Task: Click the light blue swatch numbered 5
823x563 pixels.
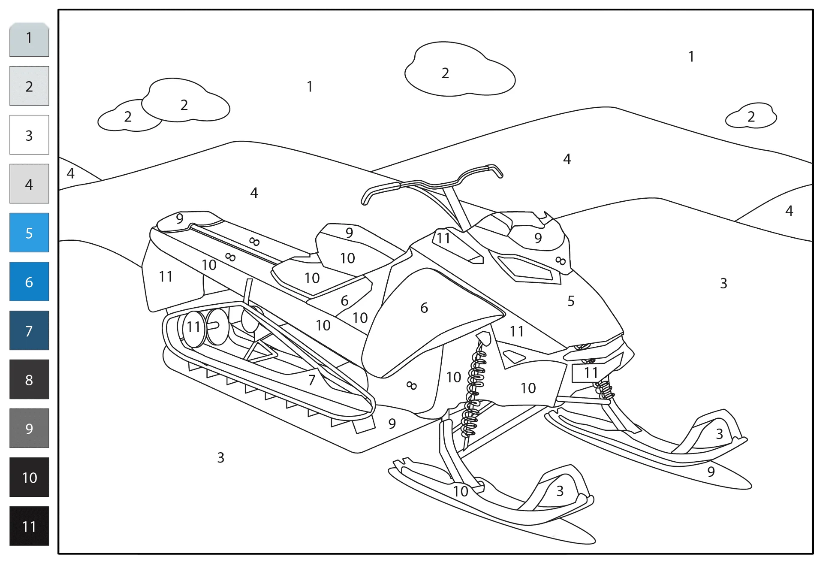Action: [29, 233]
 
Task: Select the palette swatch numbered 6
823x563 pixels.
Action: [29, 281]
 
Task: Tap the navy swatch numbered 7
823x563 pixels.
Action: [29, 330]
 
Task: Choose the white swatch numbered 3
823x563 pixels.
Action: [29, 135]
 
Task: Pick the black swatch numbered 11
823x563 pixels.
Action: [29, 526]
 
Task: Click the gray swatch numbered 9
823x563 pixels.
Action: [29, 428]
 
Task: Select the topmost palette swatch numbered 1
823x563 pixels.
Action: [29, 39]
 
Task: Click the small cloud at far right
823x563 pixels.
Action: [751, 116]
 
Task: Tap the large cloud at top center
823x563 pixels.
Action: [460, 69]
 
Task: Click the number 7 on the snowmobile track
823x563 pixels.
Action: [312, 380]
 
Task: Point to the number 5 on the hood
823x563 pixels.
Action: [571, 301]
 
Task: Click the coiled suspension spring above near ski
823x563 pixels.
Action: [474, 390]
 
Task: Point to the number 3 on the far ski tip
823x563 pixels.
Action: [720, 434]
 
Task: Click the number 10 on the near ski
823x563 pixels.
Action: [461, 491]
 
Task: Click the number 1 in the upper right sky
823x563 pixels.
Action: [691, 56]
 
